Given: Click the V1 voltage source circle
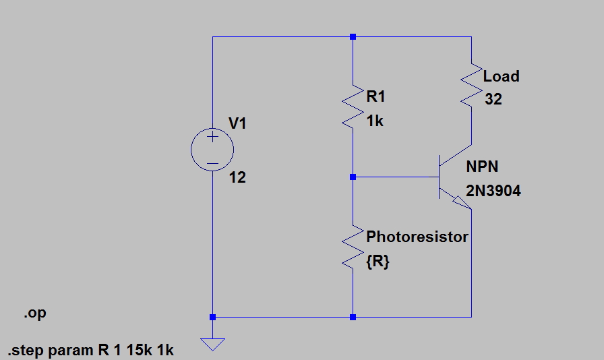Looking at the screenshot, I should [212, 150].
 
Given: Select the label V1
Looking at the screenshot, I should [238, 123].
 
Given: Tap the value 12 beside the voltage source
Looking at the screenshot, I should [237, 178].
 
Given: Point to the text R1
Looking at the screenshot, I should [375, 97].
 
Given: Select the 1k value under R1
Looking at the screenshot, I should [375, 121].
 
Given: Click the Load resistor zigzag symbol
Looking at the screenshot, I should [471, 84].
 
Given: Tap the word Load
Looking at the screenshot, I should [501, 76].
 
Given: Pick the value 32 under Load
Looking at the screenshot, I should [493, 100].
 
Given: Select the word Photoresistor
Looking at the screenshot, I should [417, 237].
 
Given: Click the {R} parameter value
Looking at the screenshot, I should [377, 263].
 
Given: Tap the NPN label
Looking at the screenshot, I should [482, 167].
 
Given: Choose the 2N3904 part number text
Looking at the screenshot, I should [493, 191].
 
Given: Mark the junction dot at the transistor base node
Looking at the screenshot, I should [353, 177].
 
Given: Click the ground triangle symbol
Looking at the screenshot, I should [212, 344].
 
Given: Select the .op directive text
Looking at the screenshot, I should [35, 314].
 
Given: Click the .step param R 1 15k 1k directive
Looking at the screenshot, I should [91, 351].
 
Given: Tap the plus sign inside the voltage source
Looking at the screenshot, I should [212, 138].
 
